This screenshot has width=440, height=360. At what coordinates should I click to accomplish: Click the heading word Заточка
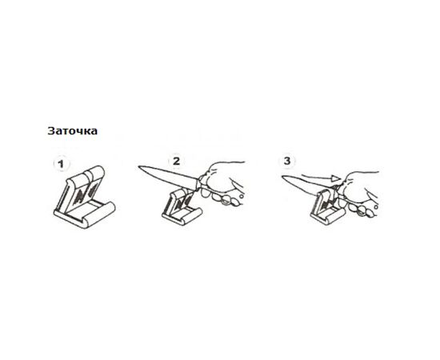point(72,131)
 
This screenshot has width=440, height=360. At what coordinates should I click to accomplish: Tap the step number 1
point(61,164)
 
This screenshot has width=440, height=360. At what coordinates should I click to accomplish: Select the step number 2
point(176,162)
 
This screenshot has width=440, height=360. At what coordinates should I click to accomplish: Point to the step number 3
point(286,161)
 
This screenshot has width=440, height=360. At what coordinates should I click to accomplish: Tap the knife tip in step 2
point(138,167)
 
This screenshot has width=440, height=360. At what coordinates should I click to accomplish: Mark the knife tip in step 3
point(282,177)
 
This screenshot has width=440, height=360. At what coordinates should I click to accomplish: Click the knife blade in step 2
point(168,176)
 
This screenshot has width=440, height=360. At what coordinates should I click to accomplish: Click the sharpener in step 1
point(84,197)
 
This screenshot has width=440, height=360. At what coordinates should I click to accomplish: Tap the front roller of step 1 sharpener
point(100,214)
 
